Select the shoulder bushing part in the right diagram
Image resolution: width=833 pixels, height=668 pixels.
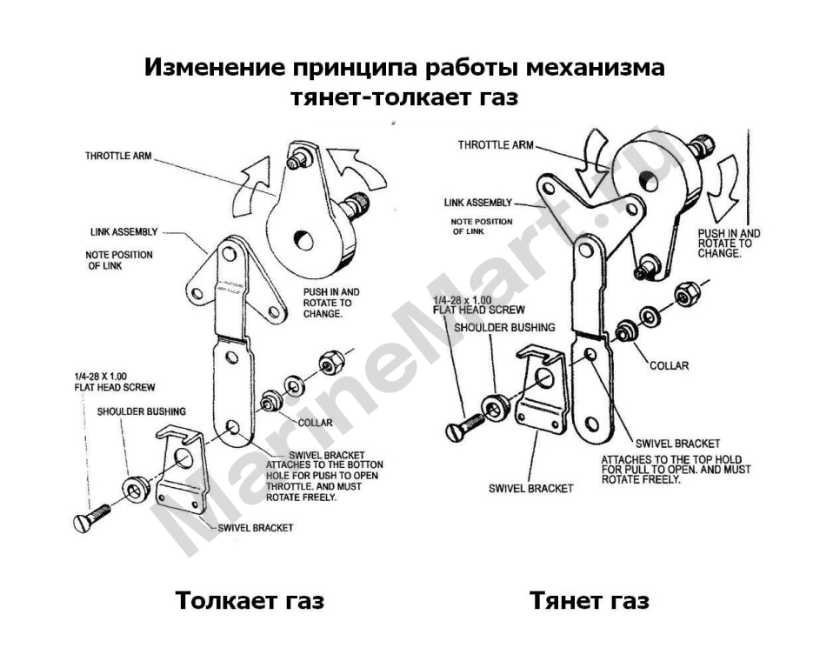pyautogui.click(x=496, y=407)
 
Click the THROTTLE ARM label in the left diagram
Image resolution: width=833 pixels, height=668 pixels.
pyautogui.click(x=118, y=156)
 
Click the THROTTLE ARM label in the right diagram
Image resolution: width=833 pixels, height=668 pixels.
pyautogui.click(x=496, y=144)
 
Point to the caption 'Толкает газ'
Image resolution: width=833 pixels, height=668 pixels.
pyautogui.click(x=250, y=600)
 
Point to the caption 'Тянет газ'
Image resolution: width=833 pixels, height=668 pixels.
pyautogui.click(x=590, y=600)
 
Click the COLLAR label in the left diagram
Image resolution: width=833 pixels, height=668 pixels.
pyautogui.click(x=315, y=423)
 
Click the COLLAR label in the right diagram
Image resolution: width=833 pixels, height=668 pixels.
pyautogui.click(x=669, y=365)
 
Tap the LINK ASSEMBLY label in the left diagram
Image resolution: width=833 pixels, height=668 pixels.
pyautogui.click(x=123, y=231)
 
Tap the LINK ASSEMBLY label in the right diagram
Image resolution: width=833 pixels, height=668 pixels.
pyautogui.click(x=478, y=203)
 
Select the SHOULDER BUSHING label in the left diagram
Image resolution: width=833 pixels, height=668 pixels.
pyautogui.click(x=142, y=411)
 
